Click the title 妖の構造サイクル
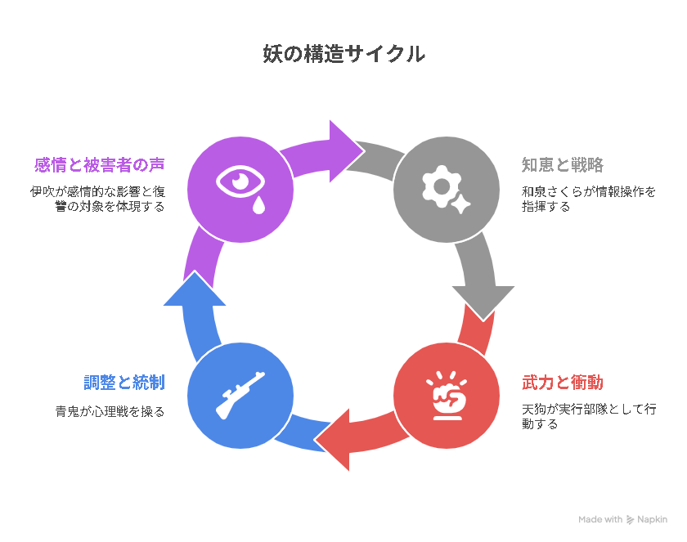344,54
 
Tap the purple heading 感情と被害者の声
100,165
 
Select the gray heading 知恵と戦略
563,165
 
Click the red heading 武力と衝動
563,383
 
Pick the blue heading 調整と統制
124,383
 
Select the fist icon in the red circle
447,396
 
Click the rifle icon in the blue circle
240,396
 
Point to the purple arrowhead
344,151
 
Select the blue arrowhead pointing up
195,289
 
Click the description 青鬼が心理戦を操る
110,411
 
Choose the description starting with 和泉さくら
588,199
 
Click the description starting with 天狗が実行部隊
588,416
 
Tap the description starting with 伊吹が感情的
97,199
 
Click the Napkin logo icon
630,520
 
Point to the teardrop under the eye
259,205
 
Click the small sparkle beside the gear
460,204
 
